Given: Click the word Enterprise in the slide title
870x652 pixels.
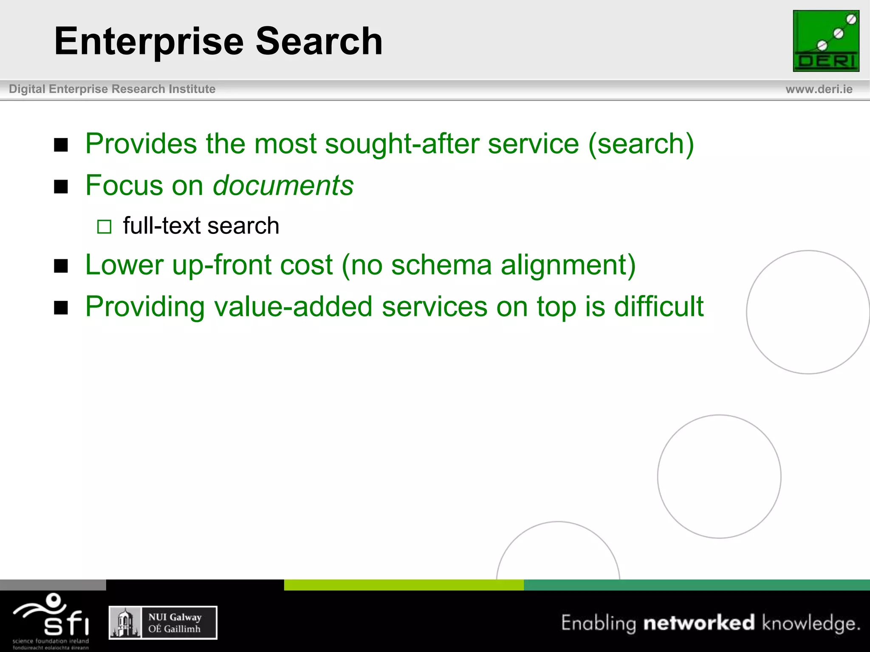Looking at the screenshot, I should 149,42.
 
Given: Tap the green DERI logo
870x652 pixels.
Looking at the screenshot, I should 826,41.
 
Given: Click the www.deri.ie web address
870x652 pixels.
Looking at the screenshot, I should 819,89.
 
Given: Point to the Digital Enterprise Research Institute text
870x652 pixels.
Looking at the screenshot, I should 112,89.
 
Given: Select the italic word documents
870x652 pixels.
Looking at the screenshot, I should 283,185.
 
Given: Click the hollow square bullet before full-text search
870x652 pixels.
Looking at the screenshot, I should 104,227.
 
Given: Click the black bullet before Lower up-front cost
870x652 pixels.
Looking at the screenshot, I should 61,266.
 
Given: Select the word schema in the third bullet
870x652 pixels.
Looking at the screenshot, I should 441,265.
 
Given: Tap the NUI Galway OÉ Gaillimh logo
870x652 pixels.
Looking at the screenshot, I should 163,623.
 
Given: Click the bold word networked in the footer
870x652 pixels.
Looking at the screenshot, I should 699,623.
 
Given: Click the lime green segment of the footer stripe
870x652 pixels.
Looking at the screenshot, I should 404,585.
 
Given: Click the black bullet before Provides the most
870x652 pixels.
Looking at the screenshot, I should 61,145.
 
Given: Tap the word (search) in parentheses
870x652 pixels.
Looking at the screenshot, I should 641,143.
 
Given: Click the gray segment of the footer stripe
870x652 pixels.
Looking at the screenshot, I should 53,585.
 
